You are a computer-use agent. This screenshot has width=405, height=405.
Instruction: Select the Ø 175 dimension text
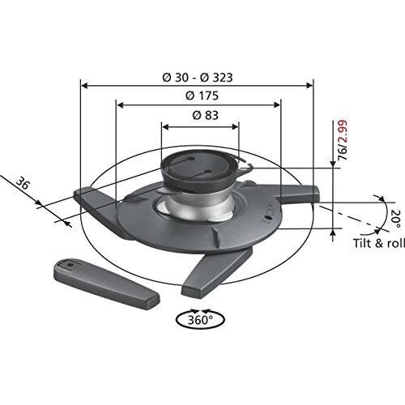198,96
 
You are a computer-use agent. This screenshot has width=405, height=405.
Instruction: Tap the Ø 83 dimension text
200,116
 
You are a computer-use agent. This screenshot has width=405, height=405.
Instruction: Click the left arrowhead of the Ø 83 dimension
164,126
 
